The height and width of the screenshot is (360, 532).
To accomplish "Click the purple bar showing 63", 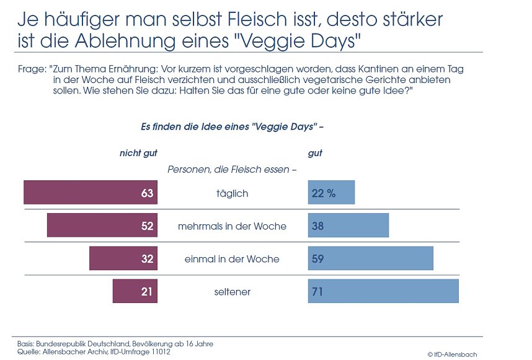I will (x=91, y=193).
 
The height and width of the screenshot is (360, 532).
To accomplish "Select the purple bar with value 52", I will (x=102, y=226).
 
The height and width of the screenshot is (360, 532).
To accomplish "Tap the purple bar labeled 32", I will (x=123, y=258).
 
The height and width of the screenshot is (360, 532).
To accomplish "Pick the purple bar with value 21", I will (x=135, y=291).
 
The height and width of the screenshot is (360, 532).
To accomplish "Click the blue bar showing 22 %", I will (x=331, y=193).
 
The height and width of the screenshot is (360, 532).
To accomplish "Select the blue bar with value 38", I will (x=348, y=226).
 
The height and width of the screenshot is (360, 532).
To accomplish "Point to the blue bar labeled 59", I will (x=370, y=258).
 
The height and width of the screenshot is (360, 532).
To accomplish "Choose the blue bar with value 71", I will (x=383, y=291).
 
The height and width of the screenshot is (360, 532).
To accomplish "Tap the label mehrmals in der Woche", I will (x=232, y=226).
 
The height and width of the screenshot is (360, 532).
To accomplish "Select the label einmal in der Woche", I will (x=232, y=259).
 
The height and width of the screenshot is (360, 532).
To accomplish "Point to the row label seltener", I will (x=232, y=292).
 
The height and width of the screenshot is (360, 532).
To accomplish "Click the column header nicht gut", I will (x=138, y=153).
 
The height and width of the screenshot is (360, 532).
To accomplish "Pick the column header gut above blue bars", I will (x=315, y=153).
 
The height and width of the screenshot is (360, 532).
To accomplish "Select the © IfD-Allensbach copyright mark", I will (x=452, y=354).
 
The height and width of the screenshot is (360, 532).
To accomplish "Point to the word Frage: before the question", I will (x=32, y=71).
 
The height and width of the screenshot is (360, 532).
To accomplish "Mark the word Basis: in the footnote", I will (x=25, y=343).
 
